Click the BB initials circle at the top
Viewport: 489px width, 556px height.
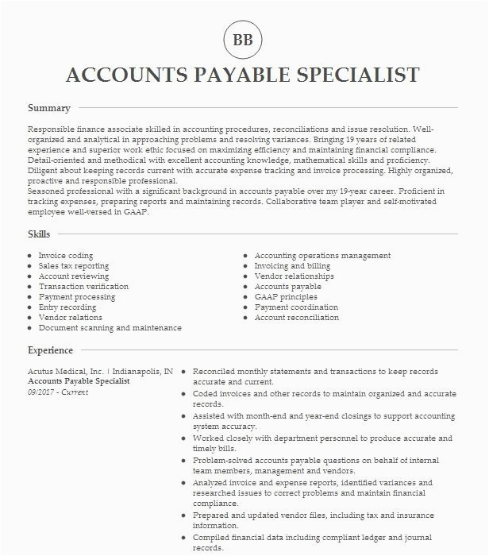pyautogui.click(x=243, y=40)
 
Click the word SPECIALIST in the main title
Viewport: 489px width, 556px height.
pyautogui.click(x=352, y=75)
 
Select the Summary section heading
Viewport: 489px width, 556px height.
pyautogui.click(x=49, y=108)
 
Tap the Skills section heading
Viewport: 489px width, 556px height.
pyautogui.click(x=39, y=234)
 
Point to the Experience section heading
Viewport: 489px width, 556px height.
pyautogui.click(x=50, y=350)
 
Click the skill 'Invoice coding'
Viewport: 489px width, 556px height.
pyautogui.click(x=66, y=256)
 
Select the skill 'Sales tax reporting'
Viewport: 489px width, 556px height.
pyautogui.click(x=74, y=266)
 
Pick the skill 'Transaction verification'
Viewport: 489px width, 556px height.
pyautogui.click(x=83, y=287)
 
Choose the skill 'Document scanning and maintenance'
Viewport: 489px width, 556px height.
pyautogui.click(x=110, y=328)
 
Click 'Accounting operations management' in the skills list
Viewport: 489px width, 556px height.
pyautogui.click(x=322, y=256)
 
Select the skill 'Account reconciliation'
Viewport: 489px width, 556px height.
pyautogui.click(x=297, y=318)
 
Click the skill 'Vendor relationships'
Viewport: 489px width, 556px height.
pyautogui.click(x=295, y=276)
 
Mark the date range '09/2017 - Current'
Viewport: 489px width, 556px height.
pyautogui.click(x=58, y=392)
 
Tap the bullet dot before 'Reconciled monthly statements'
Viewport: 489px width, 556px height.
pyautogui.click(x=183, y=372)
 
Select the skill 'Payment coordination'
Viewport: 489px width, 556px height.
pyautogui.click(x=296, y=307)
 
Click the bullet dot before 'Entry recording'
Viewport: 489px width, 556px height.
pyautogui.click(x=29, y=307)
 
